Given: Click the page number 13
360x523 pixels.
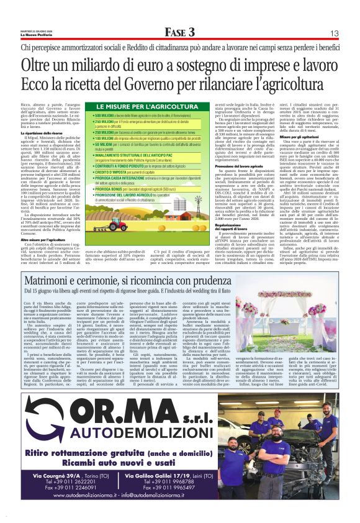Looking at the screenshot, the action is click(x=334, y=33).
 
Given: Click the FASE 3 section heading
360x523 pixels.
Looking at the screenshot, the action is click(x=179, y=32).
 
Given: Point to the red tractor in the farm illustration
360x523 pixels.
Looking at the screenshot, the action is click(x=115, y=226).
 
